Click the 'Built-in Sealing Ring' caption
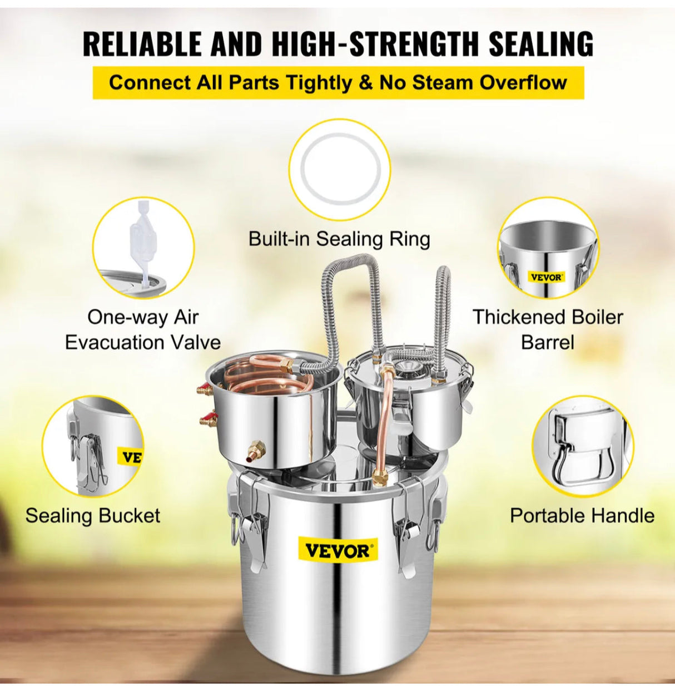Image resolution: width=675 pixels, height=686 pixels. pos(339,239)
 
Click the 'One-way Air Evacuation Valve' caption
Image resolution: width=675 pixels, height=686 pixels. pos(142,329)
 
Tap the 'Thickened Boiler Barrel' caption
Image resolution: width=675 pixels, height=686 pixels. pos(548,329)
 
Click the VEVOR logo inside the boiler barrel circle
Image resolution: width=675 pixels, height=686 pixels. pos(546,277)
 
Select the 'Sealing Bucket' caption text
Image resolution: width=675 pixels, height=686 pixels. pos(92,515)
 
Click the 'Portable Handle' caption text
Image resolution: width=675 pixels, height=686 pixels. pos(582,515)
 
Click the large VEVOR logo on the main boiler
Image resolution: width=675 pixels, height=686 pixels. pos(337,551)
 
